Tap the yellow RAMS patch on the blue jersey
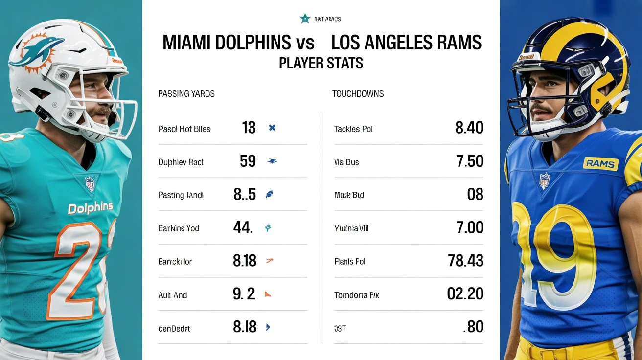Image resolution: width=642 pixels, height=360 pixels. point(600,163)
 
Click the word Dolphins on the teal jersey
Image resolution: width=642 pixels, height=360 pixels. point(90,208)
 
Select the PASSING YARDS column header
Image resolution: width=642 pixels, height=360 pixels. point(186,94)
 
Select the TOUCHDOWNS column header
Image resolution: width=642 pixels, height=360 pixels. point(358,94)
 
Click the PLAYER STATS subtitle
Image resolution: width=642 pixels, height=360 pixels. point(321,64)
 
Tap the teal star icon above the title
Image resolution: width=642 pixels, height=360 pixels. point(305,19)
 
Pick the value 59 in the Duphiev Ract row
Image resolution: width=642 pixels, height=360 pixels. point(248,161)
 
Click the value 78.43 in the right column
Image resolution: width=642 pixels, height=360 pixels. point(465,261)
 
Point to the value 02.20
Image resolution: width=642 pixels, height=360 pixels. point(465,294)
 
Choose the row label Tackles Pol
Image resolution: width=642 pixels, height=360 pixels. point(353,129)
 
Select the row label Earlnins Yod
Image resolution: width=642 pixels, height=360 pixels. point(179,228)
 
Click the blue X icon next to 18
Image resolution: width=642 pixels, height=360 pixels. point(272,128)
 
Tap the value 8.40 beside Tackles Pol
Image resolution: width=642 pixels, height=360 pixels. point(469,128)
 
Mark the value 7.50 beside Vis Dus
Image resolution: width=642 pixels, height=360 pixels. point(469,161)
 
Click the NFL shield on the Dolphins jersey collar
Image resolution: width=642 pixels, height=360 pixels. point(90,184)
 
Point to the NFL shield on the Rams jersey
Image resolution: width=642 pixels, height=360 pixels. point(545,181)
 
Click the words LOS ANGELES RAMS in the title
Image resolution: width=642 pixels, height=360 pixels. point(406,43)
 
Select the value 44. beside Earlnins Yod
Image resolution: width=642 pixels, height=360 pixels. point(243,228)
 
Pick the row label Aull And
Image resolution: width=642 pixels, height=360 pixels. point(173,295)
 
